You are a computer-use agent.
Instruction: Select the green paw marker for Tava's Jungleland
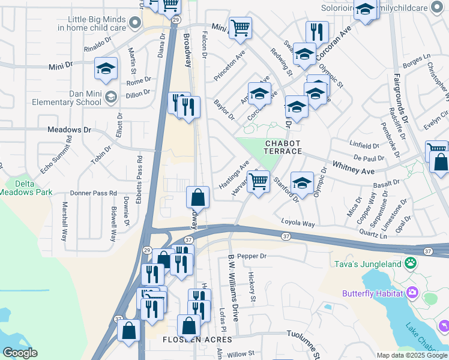pyautogui.click(x=411, y=262)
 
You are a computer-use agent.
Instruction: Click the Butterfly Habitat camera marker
pyautogui.click(x=412, y=293)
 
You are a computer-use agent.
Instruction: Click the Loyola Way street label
pyautogui.click(x=298, y=224)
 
